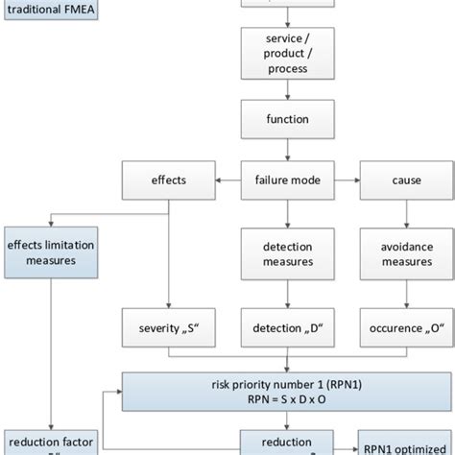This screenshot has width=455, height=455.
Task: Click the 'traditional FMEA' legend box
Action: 48,13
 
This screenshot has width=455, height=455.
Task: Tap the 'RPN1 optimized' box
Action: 404,443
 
